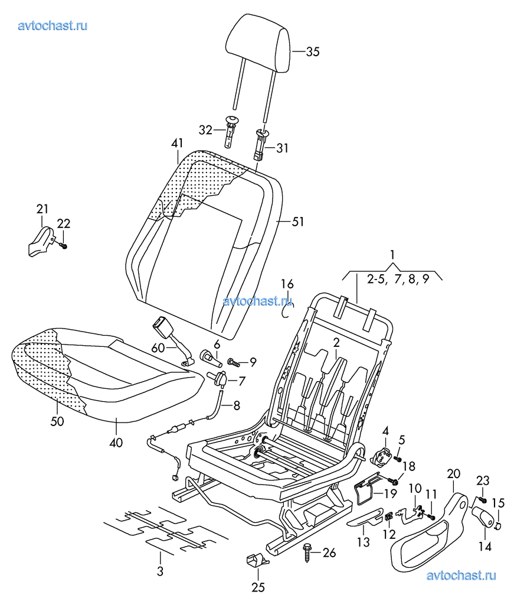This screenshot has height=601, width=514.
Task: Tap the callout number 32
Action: click(x=205, y=130)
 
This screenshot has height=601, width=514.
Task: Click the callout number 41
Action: click(x=177, y=142)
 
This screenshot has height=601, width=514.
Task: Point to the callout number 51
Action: click(x=298, y=222)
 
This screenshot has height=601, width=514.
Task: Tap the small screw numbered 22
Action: click(x=64, y=244)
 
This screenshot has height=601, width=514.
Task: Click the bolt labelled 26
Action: click(x=308, y=552)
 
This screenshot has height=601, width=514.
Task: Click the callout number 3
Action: click(x=160, y=572)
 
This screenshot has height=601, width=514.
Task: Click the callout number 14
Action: click(x=484, y=547)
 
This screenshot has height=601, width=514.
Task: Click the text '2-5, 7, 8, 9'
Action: click(x=396, y=280)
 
